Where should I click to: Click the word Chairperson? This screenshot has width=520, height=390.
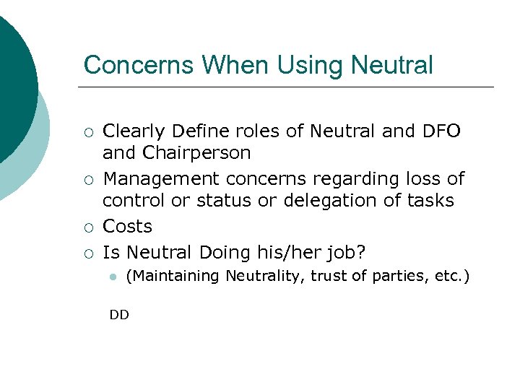coord(196,153)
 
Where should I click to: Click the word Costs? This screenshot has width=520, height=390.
coord(128,226)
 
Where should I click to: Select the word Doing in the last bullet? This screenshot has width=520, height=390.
coord(225,252)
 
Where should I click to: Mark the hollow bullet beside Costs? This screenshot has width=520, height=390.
coord(88,227)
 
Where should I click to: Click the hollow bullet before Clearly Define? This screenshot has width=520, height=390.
coord(88,132)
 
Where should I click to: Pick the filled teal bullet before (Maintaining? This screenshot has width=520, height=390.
coord(113,277)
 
